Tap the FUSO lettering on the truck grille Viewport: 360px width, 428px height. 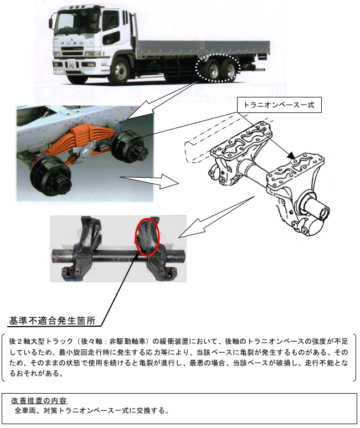(72, 43)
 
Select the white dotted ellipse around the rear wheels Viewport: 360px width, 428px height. (218, 68)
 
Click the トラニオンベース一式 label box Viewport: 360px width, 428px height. (279, 105)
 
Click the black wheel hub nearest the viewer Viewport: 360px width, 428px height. (51, 177)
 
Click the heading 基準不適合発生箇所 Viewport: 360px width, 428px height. (52, 321)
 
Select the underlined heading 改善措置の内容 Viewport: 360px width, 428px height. (39, 400)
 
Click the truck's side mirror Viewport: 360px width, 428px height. (50, 23)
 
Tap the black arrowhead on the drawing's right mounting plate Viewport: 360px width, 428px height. (291, 156)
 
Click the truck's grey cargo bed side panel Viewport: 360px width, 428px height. (202, 49)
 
